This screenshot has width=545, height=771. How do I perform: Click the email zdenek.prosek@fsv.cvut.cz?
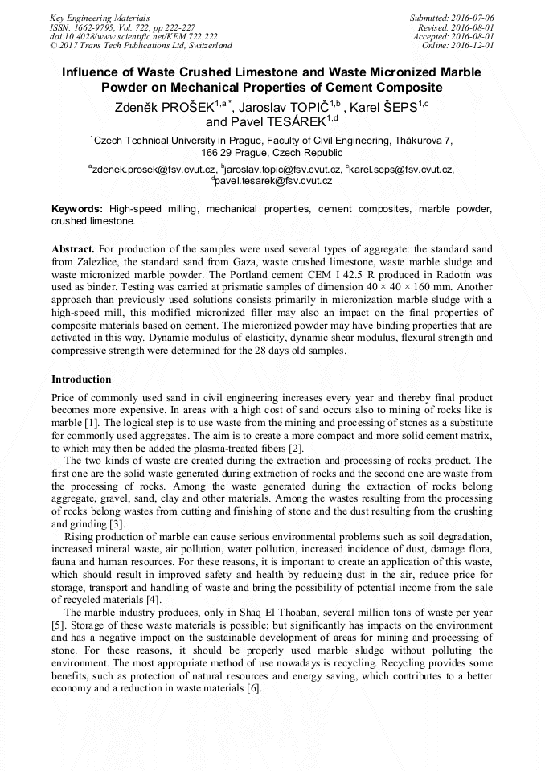[154, 170]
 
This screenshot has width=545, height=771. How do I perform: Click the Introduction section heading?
[81, 379]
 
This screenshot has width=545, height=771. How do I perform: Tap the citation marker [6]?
[255, 688]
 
